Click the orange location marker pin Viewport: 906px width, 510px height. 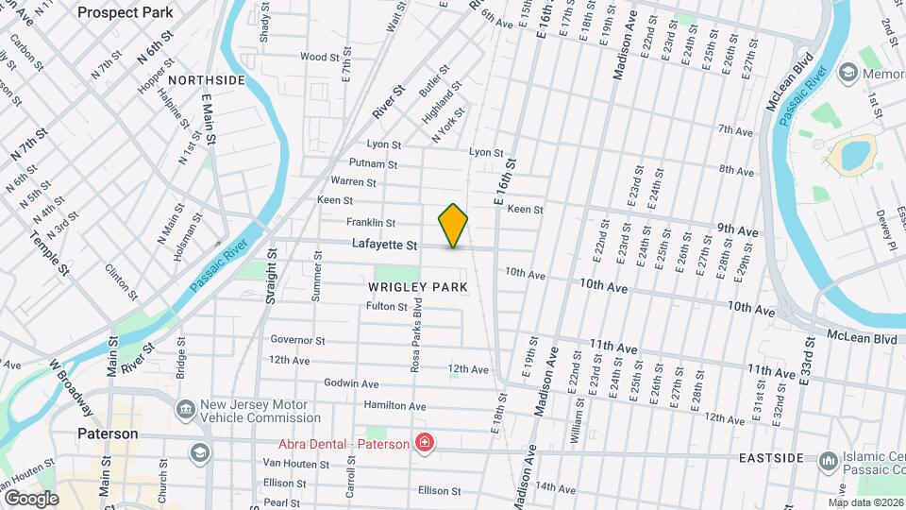pyautogui.click(x=453, y=226)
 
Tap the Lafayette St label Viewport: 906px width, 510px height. pyautogui.click(x=384, y=245)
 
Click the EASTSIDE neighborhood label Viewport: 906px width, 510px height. pyautogui.click(x=771, y=458)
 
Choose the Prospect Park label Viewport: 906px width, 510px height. pyautogui.click(x=126, y=12)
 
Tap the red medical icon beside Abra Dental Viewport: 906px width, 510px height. pyautogui.click(x=425, y=443)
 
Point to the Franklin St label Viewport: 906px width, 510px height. pyautogui.click(x=370, y=223)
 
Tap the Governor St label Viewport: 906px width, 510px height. pyautogui.click(x=297, y=340)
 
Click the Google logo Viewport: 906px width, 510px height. pyautogui.click(x=31, y=499)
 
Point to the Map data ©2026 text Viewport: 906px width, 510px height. pyautogui.click(x=865, y=502)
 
